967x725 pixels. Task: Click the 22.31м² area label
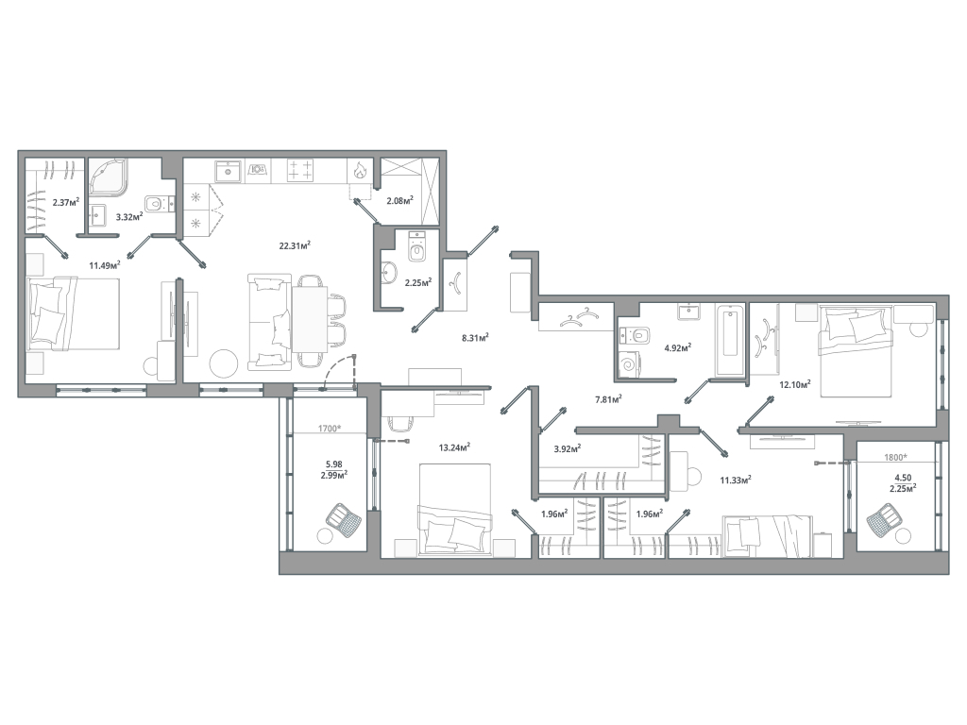click(x=296, y=245)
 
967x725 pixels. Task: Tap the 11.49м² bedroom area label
click(x=104, y=266)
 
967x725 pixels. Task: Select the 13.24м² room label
click(x=455, y=448)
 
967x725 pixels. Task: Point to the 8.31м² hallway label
click(x=474, y=336)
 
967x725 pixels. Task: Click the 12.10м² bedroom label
click(x=795, y=383)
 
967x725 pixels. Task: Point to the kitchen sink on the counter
click(x=228, y=171)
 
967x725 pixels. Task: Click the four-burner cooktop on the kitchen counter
click(x=300, y=171)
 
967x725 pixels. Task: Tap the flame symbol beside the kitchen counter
click(x=359, y=172)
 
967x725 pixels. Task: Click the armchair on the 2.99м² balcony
click(x=344, y=519)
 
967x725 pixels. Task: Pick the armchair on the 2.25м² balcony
click(x=884, y=518)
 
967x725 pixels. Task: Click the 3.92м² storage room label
click(x=567, y=449)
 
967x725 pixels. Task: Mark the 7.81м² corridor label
click(x=606, y=399)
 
